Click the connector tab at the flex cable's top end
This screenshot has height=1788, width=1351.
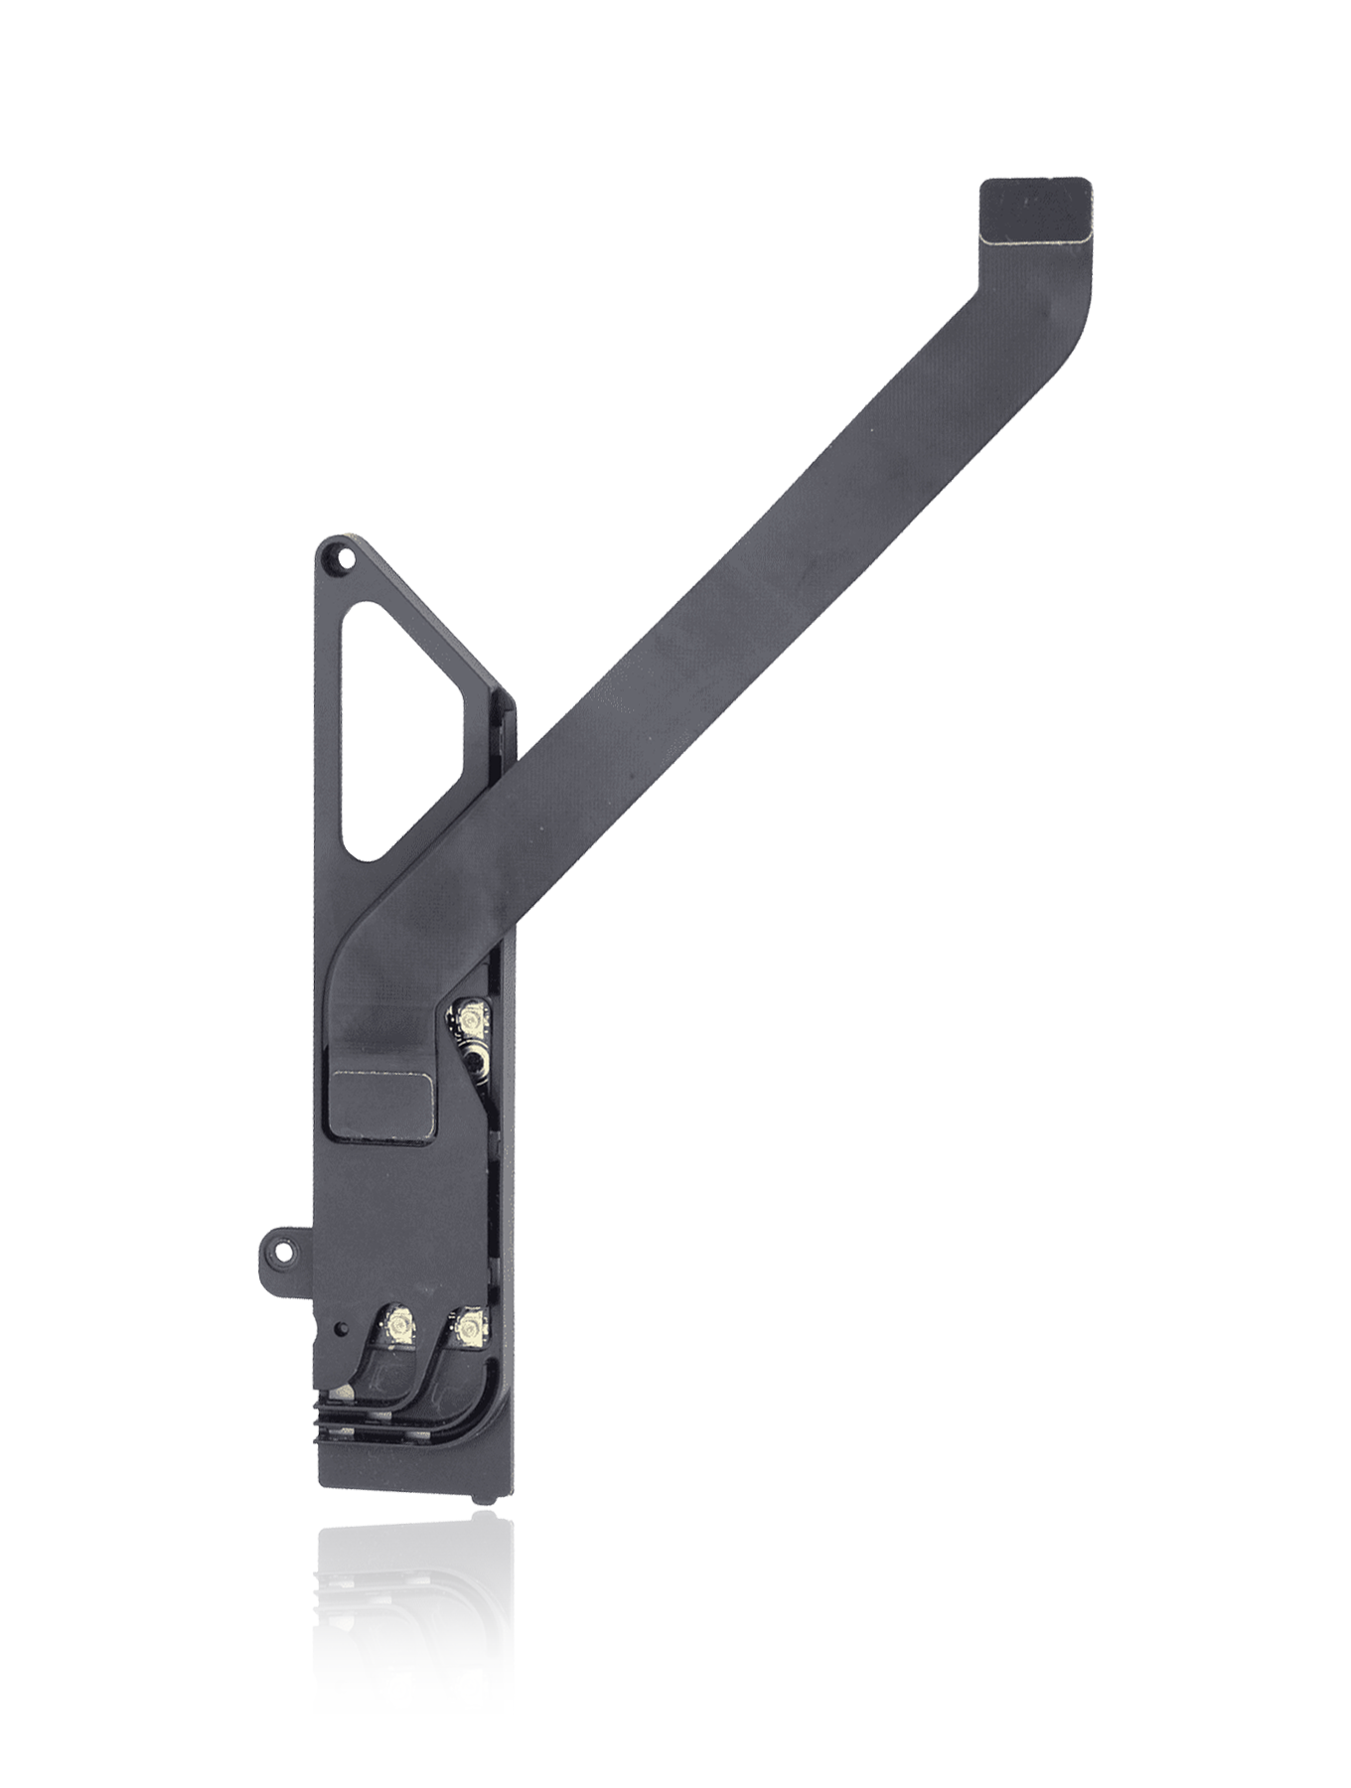(x=1033, y=207)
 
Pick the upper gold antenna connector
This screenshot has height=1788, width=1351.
(x=468, y=1015)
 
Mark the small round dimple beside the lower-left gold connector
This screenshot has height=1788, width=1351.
(x=343, y=1327)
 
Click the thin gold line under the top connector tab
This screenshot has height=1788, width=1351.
(x=1033, y=238)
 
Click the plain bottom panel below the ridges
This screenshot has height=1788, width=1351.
(x=397, y=1480)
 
